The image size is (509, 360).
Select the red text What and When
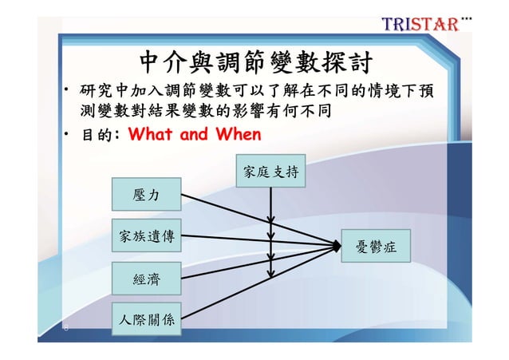[194, 133]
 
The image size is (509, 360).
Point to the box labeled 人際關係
[147, 321]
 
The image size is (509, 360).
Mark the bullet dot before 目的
[68, 134]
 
